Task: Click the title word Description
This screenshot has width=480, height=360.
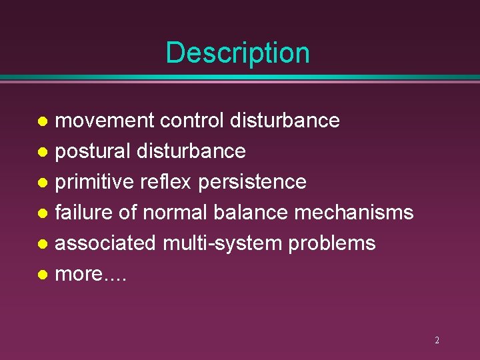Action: coord(237,53)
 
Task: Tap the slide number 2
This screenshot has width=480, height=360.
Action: coord(437,340)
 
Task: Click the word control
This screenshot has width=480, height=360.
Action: coord(192,121)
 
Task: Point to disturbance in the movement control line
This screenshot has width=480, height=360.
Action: coord(285,121)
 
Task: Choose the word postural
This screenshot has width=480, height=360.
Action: coord(93,151)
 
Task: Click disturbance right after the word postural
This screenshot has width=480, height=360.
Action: coord(191,151)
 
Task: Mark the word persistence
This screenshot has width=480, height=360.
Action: coord(252,182)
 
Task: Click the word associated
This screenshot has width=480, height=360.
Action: coord(105,243)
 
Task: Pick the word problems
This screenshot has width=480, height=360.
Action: coord(332,243)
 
